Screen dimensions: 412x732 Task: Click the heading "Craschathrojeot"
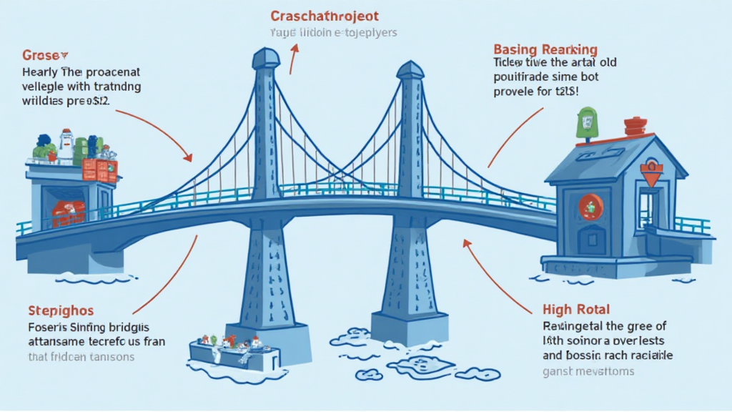click(325, 16)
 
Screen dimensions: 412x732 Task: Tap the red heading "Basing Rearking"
click(545, 49)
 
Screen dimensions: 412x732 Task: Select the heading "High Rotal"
click(576, 310)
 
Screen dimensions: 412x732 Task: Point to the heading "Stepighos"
click(61, 311)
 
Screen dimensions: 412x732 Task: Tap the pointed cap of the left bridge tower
click(266, 57)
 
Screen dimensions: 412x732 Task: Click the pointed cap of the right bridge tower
click(410, 70)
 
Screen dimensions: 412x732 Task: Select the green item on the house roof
click(586, 121)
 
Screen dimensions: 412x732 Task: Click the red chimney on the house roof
click(635, 127)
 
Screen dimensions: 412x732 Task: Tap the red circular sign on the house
click(591, 207)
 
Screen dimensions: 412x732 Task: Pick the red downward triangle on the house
click(651, 175)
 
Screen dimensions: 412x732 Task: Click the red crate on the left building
click(100, 170)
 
